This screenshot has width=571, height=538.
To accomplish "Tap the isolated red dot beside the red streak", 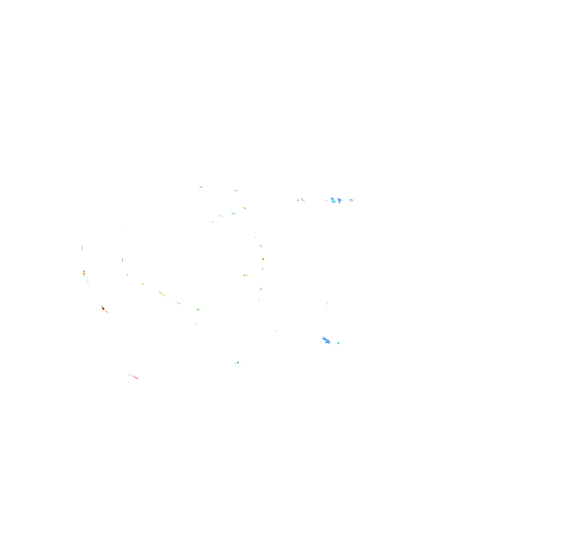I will pyautogui.click(x=129, y=374).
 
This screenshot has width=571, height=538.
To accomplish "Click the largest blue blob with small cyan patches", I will pyautogui.click(x=326, y=340).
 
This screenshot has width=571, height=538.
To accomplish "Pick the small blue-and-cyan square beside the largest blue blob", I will pyautogui.click(x=339, y=343).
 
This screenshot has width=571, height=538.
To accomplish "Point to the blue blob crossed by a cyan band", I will pyautogui.click(x=333, y=200).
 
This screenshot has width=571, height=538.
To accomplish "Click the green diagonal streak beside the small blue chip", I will pyautogui.click(x=302, y=200).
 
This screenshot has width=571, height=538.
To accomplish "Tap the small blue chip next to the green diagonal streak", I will pyautogui.click(x=298, y=200).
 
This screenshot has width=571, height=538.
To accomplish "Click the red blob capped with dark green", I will pyautogui.click(x=103, y=308).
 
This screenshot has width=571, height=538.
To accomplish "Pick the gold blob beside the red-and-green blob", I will pyautogui.click(x=106, y=311).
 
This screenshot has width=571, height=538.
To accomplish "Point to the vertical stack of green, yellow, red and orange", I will pyautogui.click(x=84, y=273).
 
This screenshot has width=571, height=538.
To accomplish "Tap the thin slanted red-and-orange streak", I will pyautogui.click(x=82, y=247).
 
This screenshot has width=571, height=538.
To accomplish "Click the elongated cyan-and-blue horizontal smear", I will pyautogui.click(x=233, y=213).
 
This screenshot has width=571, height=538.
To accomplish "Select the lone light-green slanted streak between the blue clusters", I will pyautogui.click(x=327, y=305).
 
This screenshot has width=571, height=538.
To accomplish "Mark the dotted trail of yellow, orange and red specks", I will pyautogui.click(x=177, y=303).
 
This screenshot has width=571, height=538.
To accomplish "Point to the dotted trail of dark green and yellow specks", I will pyautogui.click(x=162, y=294).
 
